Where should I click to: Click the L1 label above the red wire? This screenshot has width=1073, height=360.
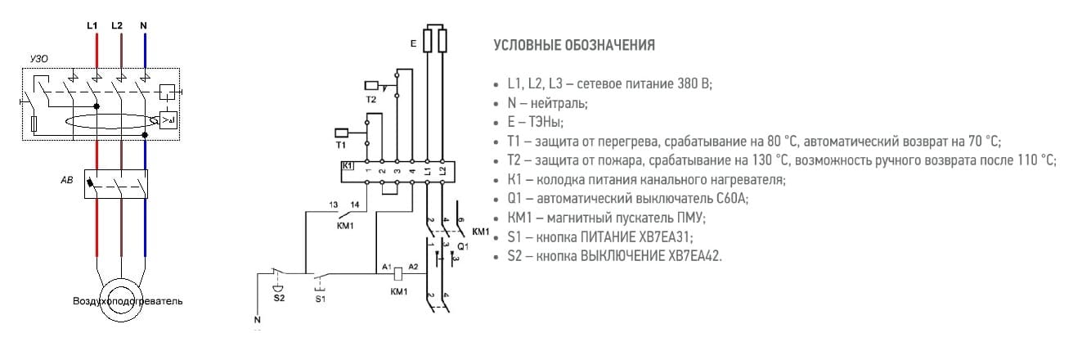coord(92,26)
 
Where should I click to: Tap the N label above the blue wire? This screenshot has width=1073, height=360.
coord(144,26)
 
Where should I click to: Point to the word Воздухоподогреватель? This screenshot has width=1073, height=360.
coord(128,301)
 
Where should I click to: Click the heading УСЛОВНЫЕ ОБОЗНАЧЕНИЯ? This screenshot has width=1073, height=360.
coord(574,46)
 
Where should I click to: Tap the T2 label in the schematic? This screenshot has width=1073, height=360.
coord(370,99)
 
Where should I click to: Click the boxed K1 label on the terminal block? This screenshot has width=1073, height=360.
coord(348,165)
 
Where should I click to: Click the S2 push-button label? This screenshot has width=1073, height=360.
coord(279,298)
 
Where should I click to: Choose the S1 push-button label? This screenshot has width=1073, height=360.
coord(320,298)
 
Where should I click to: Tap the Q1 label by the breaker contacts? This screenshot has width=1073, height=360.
coord(462,246)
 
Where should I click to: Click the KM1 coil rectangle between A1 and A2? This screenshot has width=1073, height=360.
coord(398,273)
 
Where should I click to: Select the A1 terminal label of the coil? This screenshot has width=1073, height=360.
coord(385,268)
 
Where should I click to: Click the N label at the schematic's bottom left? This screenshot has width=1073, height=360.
coord(257,319)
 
